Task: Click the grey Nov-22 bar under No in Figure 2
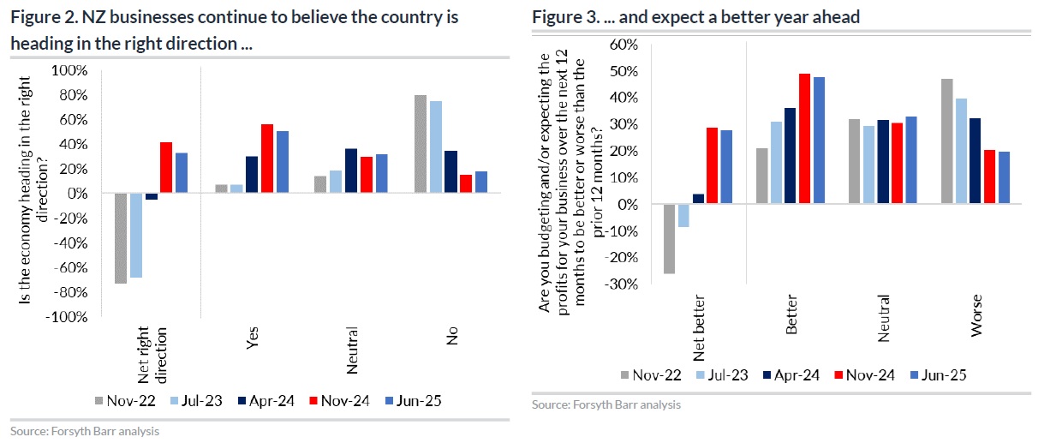coord(421,144)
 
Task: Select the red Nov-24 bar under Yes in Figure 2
coord(267,159)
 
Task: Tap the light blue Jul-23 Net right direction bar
coord(136,236)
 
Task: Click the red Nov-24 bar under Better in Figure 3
coord(803,139)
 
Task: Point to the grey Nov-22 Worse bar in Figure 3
coord(946,141)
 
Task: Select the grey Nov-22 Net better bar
coord(669,239)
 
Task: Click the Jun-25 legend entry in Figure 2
coord(416,400)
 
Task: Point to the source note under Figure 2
coord(85,432)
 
